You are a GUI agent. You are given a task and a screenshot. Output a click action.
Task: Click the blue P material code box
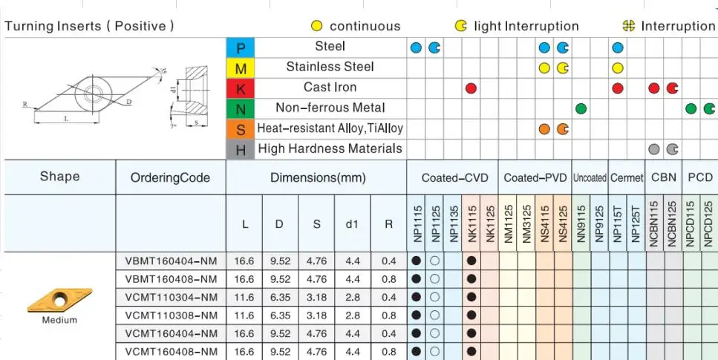tap(240, 48)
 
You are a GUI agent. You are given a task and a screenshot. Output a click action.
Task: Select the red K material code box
tap(240, 88)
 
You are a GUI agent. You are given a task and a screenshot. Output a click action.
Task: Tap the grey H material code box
tap(240, 149)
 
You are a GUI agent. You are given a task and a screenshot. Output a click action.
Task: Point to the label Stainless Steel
tap(330, 67)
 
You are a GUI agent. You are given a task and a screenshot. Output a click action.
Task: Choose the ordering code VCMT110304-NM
tap(172, 298)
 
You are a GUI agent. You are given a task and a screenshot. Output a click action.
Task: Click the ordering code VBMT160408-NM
tap(172, 279)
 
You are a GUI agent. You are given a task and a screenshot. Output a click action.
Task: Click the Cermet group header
tap(627, 178)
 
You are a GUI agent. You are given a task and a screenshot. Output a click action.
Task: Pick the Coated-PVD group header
tap(535, 178)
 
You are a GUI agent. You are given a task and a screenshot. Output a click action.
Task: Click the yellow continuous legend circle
tap(317, 26)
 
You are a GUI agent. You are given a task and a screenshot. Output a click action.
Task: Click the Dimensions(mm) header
tap(316, 178)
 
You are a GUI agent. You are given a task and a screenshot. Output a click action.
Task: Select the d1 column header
tap(353, 223)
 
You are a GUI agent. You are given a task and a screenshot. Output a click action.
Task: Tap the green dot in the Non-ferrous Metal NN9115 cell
tap(581, 108)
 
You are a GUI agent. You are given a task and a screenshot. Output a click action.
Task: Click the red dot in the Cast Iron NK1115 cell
tap(471, 88)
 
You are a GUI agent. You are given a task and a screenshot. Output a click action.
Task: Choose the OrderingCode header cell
tap(171, 178)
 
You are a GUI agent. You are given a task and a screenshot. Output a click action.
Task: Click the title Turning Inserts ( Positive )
tap(90, 26)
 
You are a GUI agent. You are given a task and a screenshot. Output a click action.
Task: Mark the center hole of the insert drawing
tap(94, 94)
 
